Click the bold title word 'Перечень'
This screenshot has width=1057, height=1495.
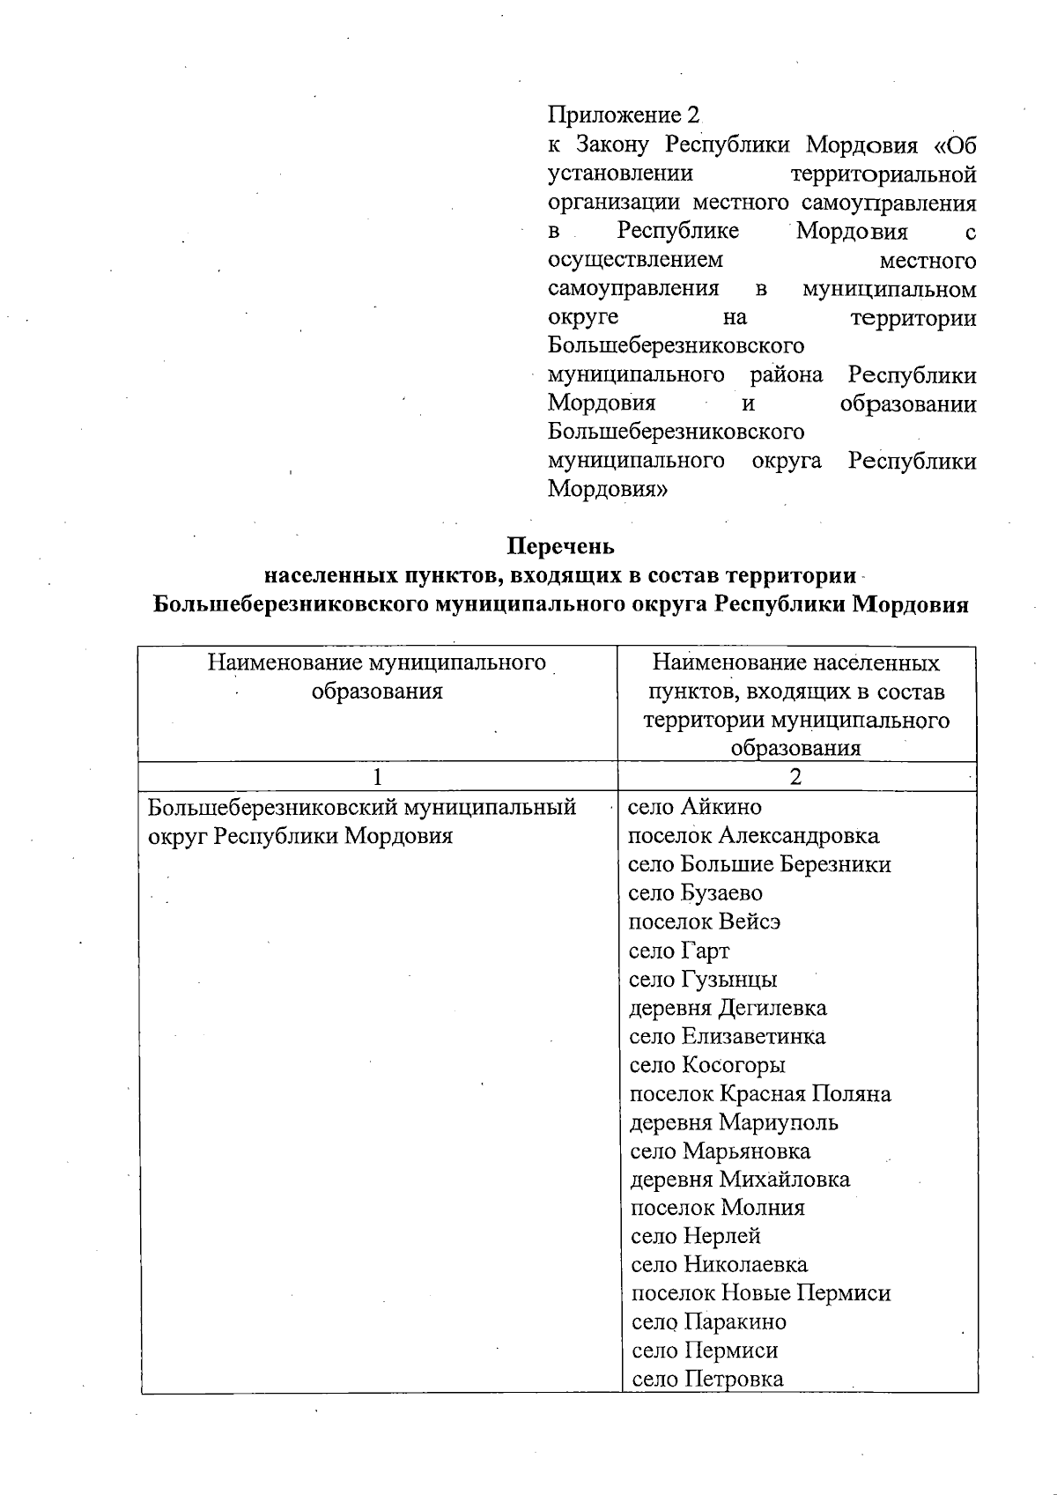point(560,546)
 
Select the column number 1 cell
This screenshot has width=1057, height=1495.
point(378,777)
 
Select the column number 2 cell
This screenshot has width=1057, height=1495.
point(796,777)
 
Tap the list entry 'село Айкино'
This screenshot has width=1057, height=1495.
point(694,807)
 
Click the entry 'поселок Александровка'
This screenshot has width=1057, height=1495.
point(753,835)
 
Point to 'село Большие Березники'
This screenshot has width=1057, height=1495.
point(759,864)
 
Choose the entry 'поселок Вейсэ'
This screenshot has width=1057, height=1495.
point(705,921)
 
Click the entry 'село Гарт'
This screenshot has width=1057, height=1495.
point(679,951)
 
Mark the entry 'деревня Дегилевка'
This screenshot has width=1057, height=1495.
point(728,1008)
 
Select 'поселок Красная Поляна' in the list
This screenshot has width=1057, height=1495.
point(760,1094)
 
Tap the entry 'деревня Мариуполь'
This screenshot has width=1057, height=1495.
point(734,1122)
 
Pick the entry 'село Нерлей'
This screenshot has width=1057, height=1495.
point(696,1237)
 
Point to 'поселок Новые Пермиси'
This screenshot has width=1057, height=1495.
point(761,1293)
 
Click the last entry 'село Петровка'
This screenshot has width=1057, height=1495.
point(707,1380)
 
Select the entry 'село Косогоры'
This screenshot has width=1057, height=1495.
point(707,1065)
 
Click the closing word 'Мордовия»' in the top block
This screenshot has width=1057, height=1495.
point(608,490)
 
